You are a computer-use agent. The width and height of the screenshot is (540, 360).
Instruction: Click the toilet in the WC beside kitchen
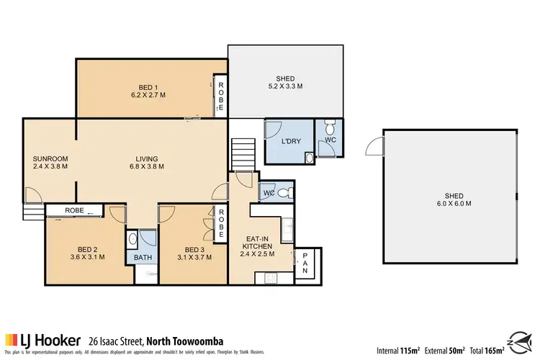click(x=286, y=192)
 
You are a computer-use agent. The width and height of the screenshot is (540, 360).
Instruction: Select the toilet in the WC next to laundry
click(x=330, y=130)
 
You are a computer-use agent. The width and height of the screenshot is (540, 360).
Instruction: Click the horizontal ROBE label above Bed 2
click(x=74, y=211)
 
